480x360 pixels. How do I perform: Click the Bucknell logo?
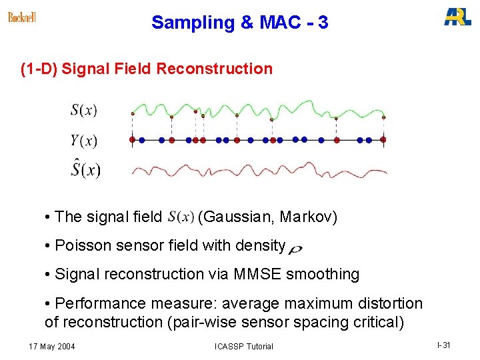click(22, 17)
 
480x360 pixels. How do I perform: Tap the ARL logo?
click(457, 17)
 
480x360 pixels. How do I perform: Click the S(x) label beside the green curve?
click(84, 111)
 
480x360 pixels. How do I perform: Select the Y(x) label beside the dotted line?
click(84, 140)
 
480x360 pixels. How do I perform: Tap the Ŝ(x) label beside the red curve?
click(85, 169)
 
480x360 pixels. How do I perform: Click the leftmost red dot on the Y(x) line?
click(132, 140)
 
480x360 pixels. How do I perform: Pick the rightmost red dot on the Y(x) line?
click(383, 140)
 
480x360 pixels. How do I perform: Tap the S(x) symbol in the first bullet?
click(181, 217)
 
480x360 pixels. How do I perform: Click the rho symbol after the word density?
click(295, 249)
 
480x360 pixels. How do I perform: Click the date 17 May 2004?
click(52, 346)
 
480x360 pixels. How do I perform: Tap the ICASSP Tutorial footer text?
click(244, 346)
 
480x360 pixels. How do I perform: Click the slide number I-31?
click(444, 345)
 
